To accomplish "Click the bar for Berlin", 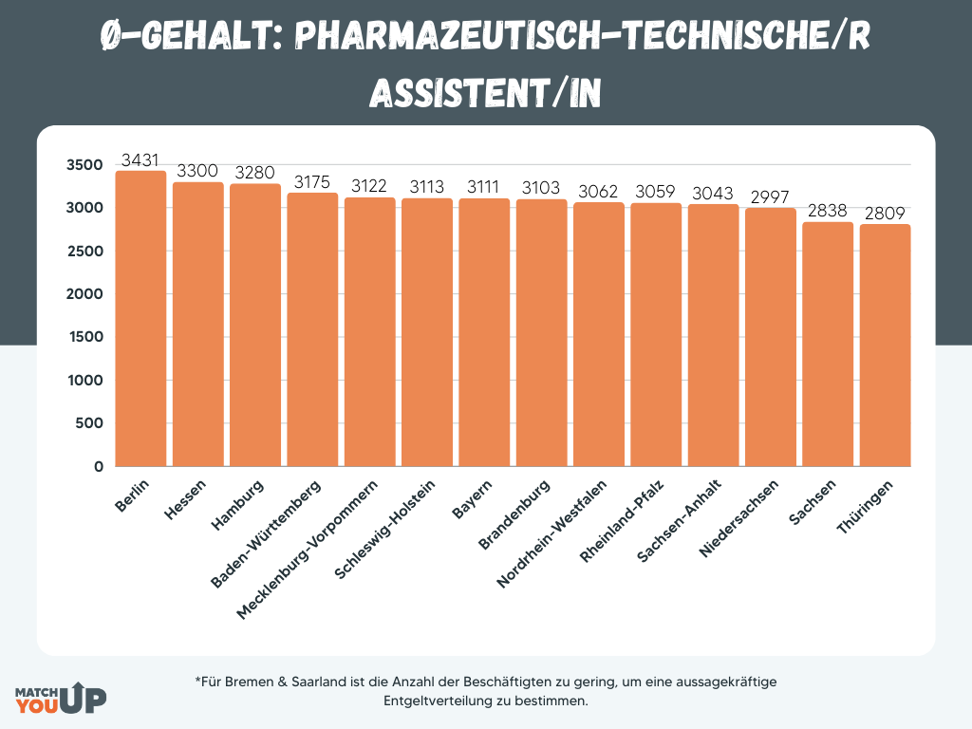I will click(140, 319).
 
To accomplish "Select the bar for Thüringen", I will click(885, 346).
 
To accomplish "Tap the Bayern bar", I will click(484, 332).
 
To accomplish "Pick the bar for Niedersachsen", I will click(771, 337).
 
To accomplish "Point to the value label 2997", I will click(771, 197).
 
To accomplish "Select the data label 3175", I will click(312, 181).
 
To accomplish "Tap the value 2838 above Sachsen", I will click(828, 211).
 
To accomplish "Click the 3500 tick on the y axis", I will click(84, 165).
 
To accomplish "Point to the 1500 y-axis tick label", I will click(84, 338).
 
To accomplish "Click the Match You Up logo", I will click(61, 698).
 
